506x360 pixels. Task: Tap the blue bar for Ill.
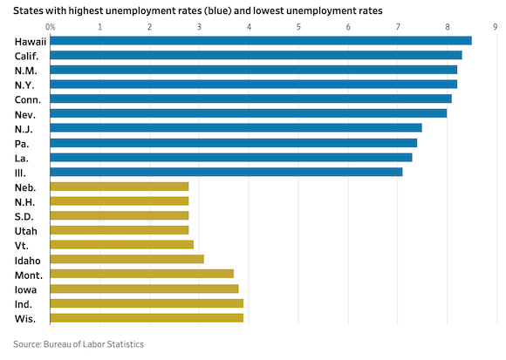pyautogui.click(x=226, y=172)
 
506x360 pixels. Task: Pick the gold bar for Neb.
pyautogui.click(x=120, y=187)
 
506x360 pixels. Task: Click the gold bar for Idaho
pyautogui.click(x=126, y=259)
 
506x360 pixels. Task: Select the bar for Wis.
pyautogui.click(x=147, y=317)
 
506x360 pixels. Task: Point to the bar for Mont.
pyautogui.click(x=142, y=274)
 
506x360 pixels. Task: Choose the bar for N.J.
pyautogui.click(x=236, y=128)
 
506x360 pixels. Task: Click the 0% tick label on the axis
pyautogui.click(x=50, y=26)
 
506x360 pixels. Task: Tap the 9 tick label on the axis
pyautogui.click(x=496, y=26)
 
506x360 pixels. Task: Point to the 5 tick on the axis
pyautogui.click(x=298, y=26)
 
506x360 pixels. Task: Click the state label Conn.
pyautogui.click(x=27, y=98)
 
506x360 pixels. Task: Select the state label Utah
pyautogui.click(x=26, y=230)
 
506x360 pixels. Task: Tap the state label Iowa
pyautogui.click(x=26, y=289)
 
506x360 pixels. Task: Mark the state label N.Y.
pyautogui.click(x=25, y=84)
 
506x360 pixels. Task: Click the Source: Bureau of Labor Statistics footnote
pyautogui.click(x=78, y=344)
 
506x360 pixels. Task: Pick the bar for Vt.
pyautogui.click(x=122, y=245)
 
